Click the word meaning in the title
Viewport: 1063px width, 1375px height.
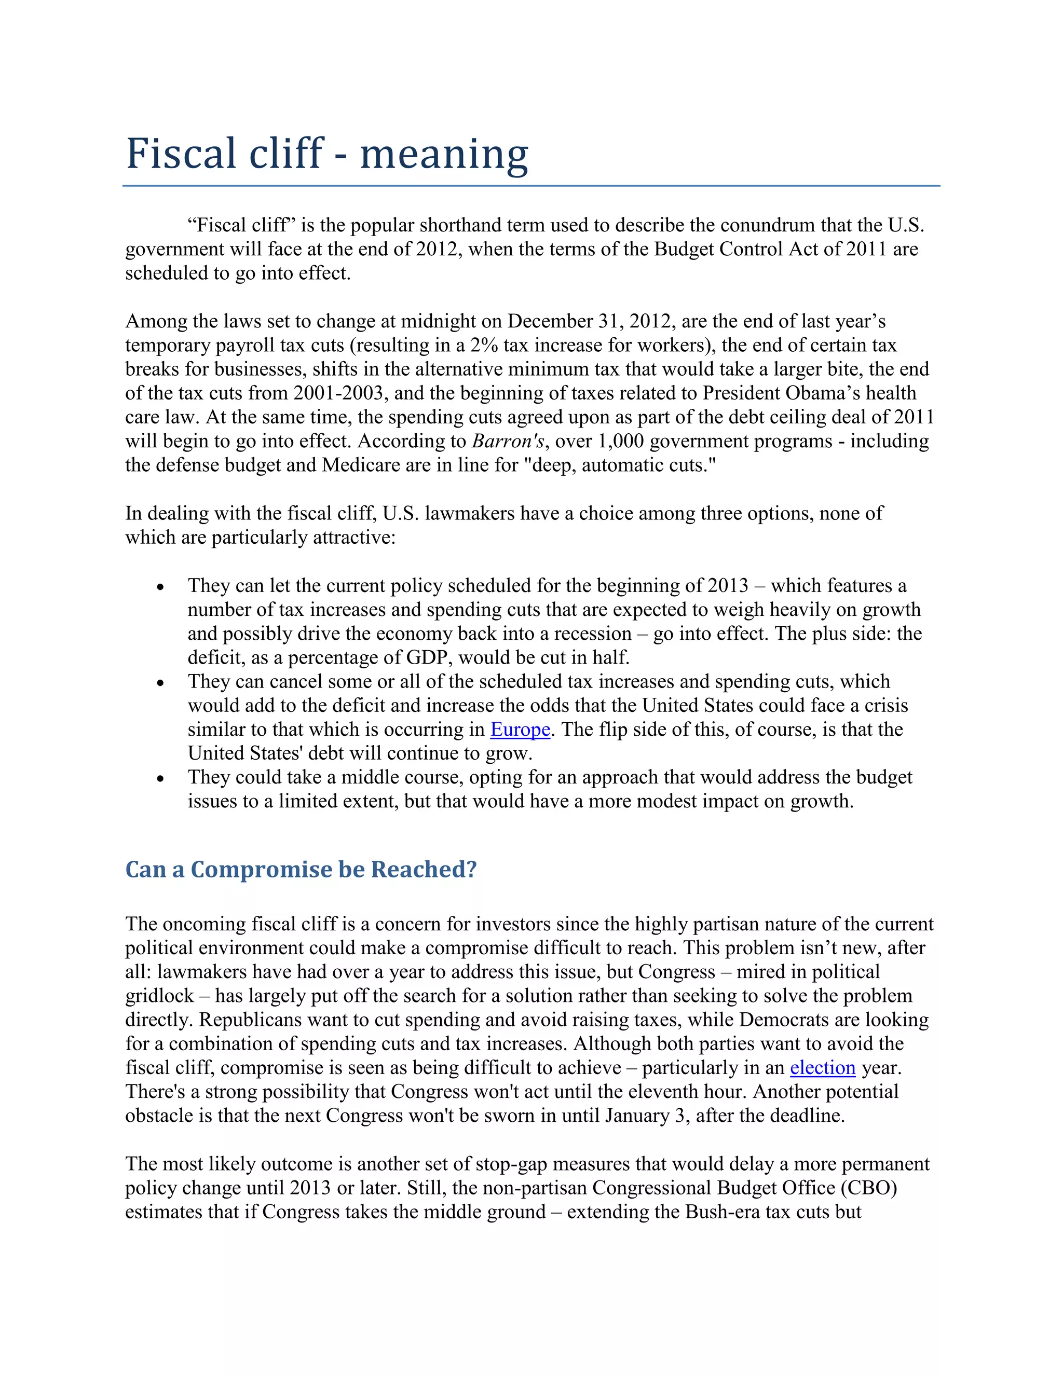click(x=443, y=154)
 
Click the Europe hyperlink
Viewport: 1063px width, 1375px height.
click(x=520, y=729)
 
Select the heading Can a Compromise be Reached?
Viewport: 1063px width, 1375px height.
click(x=301, y=870)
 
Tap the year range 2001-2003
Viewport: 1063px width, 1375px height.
click(x=338, y=393)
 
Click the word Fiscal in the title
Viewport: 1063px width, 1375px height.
click(x=180, y=154)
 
